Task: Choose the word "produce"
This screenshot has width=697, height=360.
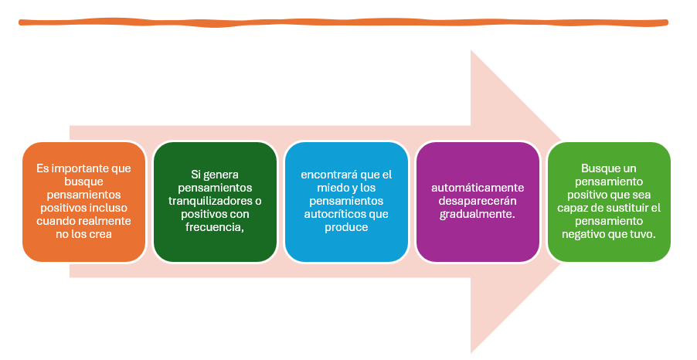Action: (345, 227)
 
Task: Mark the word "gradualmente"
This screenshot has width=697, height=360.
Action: (477, 214)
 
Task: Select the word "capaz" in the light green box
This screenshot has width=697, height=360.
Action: (571, 208)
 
